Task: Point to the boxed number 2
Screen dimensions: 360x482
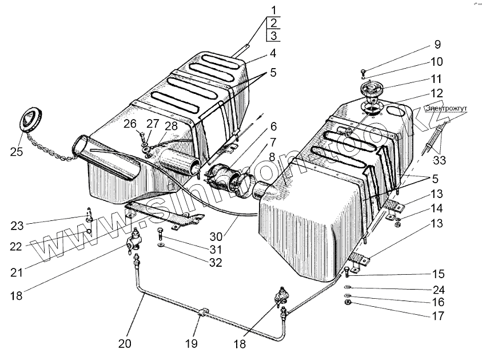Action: (274, 23)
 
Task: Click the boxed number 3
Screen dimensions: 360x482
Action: (274, 37)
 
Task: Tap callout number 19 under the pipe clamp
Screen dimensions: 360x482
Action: (191, 343)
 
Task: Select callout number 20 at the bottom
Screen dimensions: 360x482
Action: (125, 343)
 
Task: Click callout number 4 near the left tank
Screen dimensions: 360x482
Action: (273, 54)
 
